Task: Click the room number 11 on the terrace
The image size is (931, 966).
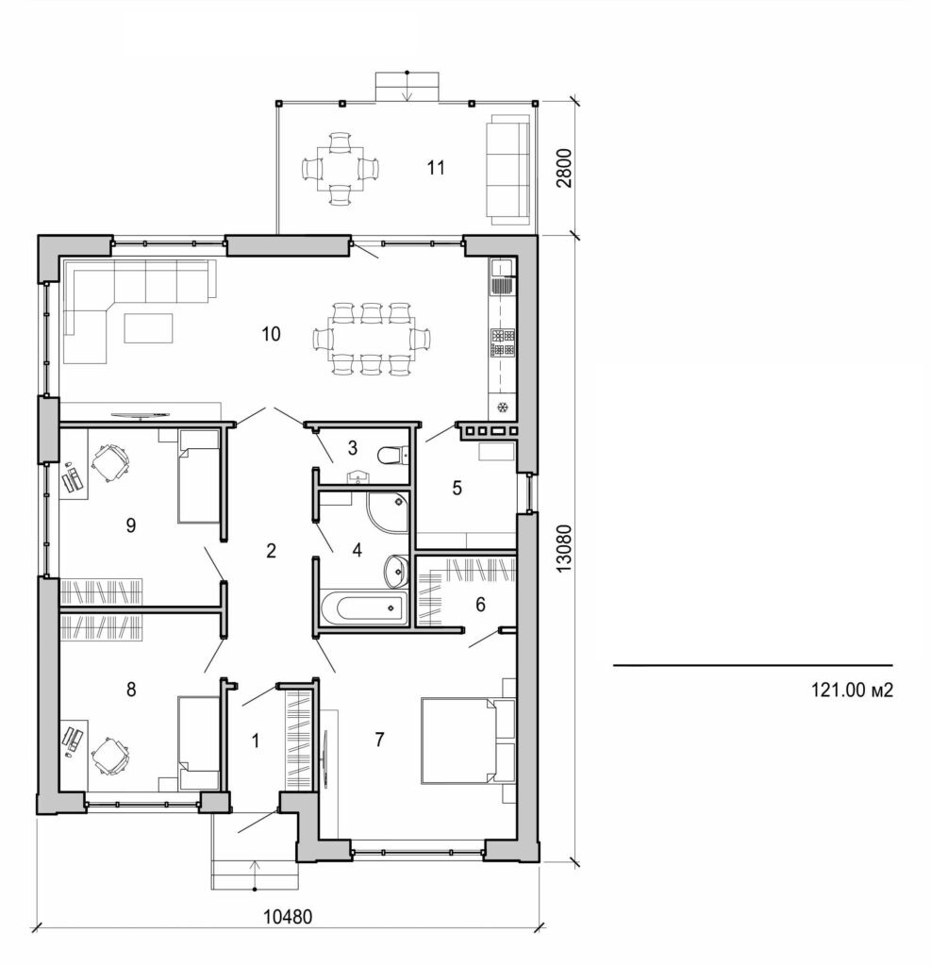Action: pyautogui.click(x=435, y=168)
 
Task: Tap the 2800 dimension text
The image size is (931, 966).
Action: pyautogui.click(x=564, y=167)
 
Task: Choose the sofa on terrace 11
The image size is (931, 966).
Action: pyautogui.click(x=508, y=169)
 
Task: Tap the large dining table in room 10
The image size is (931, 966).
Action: pyautogui.click(x=371, y=339)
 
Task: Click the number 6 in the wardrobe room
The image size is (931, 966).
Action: pyautogui.click(x=480, y=605)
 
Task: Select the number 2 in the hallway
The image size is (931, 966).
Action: pyautogui.click(x=271, y=551)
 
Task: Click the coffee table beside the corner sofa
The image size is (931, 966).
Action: pyautogui.click(x=149, y=327)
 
